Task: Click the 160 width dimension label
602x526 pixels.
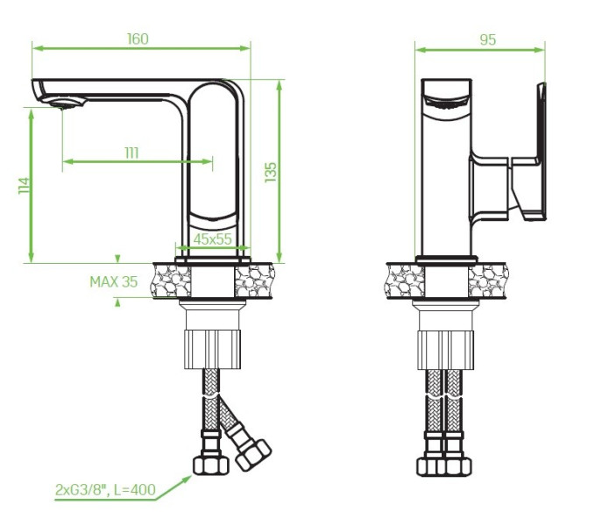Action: (x=138, y=39)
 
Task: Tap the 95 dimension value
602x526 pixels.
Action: (x=487, y=39)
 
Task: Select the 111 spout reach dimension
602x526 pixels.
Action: (x=131, y=153)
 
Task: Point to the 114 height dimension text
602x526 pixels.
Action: (x=24, y=186)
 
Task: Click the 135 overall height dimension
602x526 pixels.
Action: (x=271, y=172)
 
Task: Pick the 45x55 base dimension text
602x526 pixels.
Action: (x=212, y=239)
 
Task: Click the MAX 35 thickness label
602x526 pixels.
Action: (x=114, y=282)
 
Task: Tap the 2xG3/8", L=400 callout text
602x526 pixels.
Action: (x=105, y=489)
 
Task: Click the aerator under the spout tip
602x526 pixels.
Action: (x=67, y=103)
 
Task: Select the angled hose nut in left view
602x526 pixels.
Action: (x=253, y=454)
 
